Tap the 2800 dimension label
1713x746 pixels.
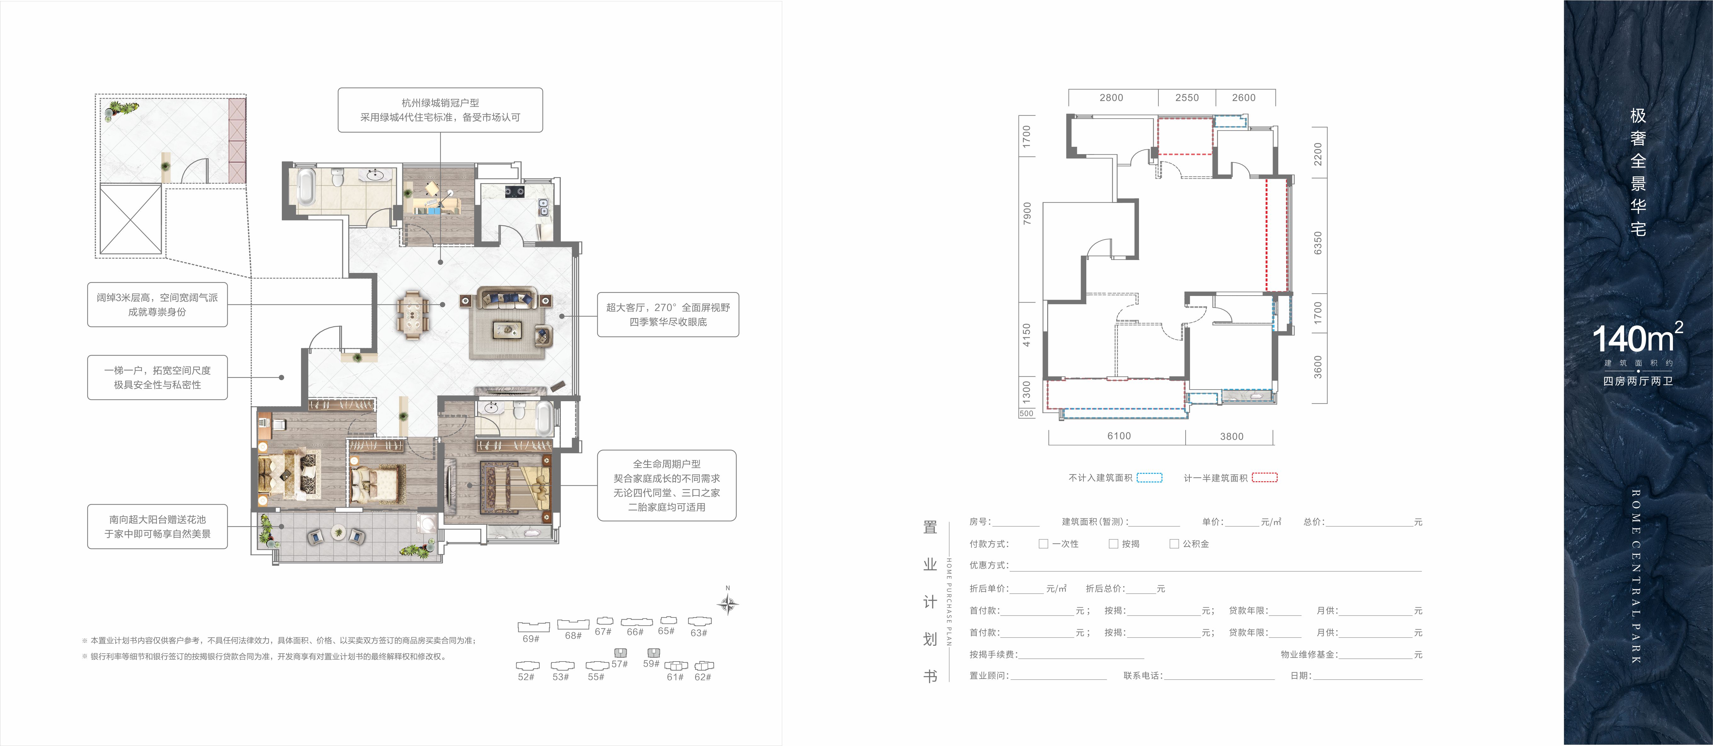point(1111,98)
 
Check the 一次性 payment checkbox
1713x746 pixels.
point(1043,544)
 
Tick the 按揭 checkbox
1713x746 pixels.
point(1113,544)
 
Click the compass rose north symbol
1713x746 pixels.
point(728,603)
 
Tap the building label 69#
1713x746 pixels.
point(531,639)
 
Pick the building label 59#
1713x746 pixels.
point(651,663)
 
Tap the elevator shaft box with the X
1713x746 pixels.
point(130,220)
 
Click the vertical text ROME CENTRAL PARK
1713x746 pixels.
point(1636,576)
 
